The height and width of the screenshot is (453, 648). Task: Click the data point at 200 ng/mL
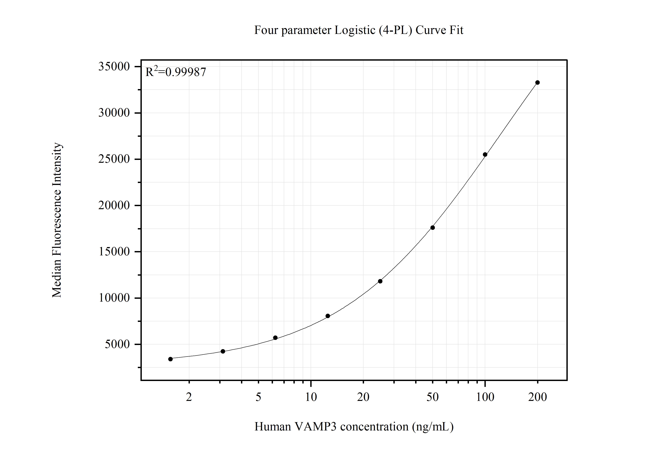pos(537,82)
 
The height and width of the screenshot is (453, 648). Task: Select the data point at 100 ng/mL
pos(485,154)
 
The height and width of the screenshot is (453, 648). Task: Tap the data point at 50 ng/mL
pos(432,228)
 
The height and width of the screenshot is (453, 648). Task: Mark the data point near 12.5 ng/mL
pos(328,316)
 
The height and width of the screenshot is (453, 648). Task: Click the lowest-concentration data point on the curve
pos(170,359)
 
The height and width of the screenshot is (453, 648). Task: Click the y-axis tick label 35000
pos(114,67)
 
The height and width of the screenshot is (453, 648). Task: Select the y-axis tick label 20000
pos(114,205)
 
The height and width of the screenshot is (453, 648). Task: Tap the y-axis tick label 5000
pos(117,344)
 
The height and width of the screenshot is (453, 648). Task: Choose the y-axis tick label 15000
pos(114,252)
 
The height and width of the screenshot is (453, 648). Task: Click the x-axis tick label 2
pos(189,397)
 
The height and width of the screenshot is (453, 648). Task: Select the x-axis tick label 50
pos(432,397)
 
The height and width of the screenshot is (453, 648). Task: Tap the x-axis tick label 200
pos(537,397)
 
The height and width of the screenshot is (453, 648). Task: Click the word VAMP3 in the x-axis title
pos(315,426)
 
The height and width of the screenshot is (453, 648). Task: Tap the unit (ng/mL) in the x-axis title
pos(433,426)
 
